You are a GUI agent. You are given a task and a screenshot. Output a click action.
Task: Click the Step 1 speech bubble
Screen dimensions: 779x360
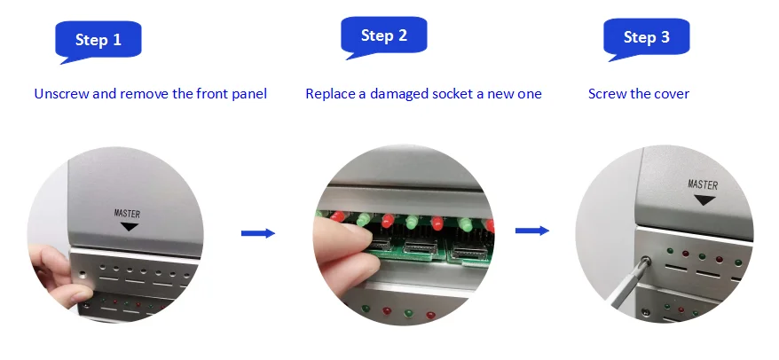point(98,40)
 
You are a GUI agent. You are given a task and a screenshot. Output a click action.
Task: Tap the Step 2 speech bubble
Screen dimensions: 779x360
point(384,35)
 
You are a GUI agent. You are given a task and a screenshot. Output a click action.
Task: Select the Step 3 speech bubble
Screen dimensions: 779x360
point(646,37)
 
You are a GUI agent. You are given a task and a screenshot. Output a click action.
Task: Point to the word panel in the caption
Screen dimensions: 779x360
point(249,94)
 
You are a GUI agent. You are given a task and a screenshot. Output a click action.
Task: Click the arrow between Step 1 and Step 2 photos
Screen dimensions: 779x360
point(258,233)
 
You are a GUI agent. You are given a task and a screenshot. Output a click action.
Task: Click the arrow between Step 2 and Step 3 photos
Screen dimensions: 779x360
point(532,231)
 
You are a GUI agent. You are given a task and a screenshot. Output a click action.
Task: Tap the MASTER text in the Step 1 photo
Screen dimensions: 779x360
point(127,214)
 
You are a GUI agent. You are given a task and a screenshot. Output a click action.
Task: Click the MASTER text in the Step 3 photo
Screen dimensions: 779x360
point(703,184)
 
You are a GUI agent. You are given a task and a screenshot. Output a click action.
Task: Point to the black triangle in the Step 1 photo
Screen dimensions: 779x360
point(130,226)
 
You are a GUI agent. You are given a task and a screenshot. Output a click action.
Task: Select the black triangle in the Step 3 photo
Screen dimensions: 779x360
point(704,200)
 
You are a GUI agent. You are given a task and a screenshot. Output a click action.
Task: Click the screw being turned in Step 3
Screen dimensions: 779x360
point(645,261)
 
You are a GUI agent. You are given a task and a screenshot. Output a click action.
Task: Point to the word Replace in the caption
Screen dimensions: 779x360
point(330,94)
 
